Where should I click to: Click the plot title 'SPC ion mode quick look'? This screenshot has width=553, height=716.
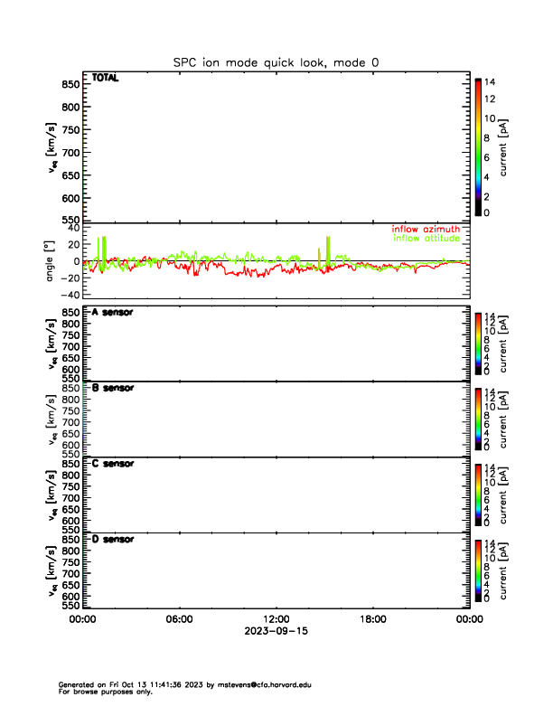276,61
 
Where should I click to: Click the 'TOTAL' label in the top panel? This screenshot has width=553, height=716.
105,78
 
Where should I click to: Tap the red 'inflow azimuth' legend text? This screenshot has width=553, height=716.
426,230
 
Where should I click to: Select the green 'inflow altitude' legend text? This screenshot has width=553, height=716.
426,239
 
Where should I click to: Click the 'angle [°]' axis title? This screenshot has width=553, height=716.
52,261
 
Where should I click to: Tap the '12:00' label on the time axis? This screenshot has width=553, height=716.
276,619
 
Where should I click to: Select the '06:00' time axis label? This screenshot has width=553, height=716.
179,619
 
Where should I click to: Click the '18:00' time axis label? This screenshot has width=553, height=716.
372,619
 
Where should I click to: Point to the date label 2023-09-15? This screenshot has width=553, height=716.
276,631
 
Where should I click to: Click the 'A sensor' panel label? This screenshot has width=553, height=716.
113,313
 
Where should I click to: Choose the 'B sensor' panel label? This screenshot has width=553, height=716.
113,388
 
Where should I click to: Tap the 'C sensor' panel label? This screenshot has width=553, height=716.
113,463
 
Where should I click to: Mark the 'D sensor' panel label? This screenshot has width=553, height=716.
113,539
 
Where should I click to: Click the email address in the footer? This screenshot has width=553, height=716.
266,685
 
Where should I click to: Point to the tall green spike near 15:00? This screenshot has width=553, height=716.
328,246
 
